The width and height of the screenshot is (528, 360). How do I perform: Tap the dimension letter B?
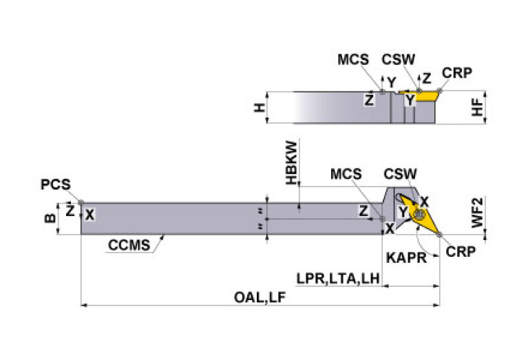(49, 219)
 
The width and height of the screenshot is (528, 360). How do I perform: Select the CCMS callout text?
(128, 244)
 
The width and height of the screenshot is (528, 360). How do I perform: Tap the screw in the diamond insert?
(419, 215)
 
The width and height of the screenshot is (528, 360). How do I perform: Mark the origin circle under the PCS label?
(81, 202)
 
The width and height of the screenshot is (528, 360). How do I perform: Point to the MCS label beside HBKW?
(346, 175)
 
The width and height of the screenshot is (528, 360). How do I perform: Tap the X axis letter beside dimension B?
(89, 215)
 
